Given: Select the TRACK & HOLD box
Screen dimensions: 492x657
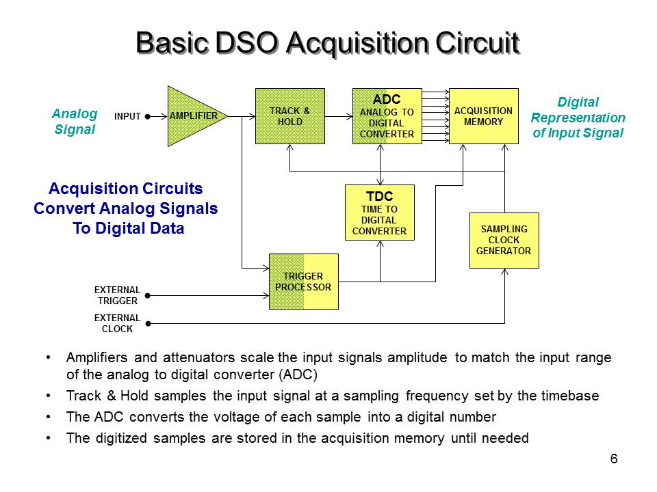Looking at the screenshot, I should (289, 116).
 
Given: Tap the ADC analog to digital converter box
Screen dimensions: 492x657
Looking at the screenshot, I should (387, 116).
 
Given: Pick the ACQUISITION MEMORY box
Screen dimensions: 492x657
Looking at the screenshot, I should (483, 116).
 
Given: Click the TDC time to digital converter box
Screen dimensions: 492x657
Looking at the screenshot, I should (379, 213).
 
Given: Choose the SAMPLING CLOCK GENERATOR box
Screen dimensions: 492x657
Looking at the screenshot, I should (504, 241).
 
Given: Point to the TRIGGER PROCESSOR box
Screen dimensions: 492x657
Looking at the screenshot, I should (303, 282).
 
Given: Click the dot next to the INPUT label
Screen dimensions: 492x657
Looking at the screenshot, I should (148, 117).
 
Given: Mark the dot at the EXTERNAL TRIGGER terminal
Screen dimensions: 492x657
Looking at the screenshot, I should (148, 296).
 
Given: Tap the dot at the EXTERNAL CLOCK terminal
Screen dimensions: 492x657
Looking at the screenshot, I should (148, 323).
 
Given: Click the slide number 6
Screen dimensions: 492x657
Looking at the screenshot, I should (614, 459).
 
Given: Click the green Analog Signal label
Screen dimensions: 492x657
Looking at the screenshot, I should (75, 121).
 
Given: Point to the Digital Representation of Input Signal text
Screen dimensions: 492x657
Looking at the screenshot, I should (578, 118).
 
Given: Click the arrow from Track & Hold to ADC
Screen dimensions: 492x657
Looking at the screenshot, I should (338, 117).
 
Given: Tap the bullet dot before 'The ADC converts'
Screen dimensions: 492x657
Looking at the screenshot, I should (47, 417).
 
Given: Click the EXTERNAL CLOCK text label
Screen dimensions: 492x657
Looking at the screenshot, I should (117, 323).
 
